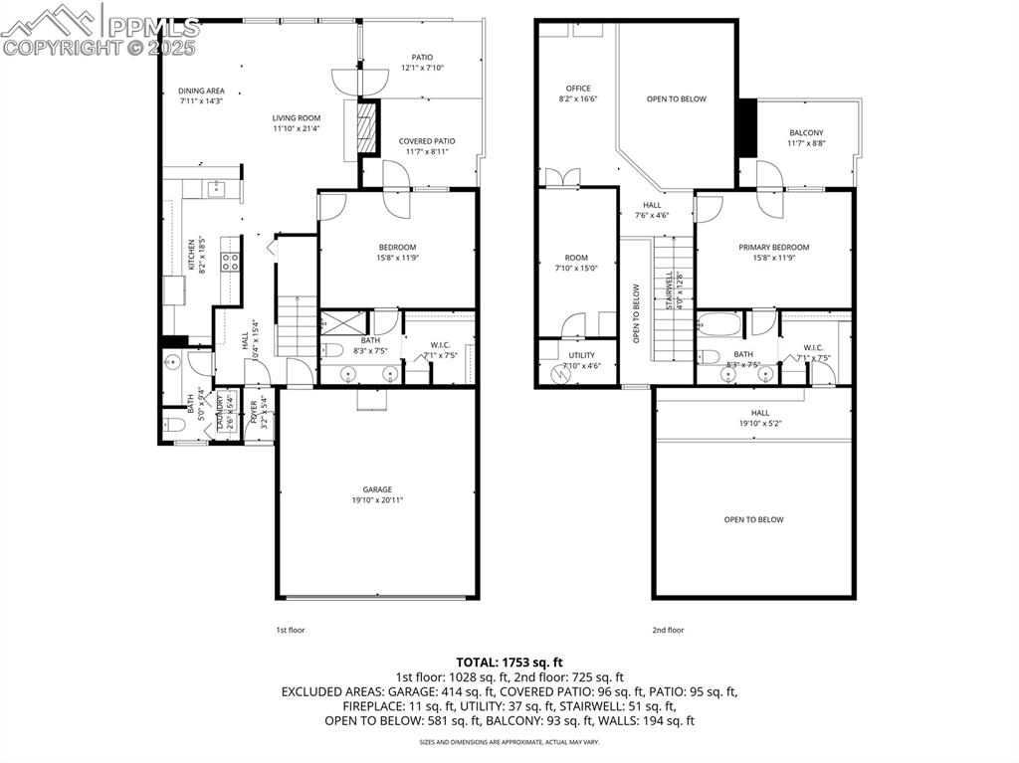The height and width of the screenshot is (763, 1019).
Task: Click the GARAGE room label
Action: pos(376,489)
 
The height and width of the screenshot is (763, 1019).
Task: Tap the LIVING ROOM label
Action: pos(297,117)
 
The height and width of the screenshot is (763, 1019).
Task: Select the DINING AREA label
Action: pos(201,92)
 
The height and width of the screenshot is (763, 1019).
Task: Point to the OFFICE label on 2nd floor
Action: pos(578,89)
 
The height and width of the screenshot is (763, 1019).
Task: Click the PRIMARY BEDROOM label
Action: pos(773,248)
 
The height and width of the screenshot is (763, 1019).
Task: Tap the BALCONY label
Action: pos(806,132)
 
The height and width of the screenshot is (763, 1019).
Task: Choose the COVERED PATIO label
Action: pos(427,141)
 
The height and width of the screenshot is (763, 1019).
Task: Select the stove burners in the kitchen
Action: pos(230,263)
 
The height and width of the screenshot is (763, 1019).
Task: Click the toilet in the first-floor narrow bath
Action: pos(173,425)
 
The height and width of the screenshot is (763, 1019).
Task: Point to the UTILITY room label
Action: pos(582,355)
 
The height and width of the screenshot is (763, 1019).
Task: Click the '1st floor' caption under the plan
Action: pos(290,630)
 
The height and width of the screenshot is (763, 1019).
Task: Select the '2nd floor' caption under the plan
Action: pos(668,630)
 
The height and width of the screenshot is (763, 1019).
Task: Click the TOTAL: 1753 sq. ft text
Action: pos(509,662)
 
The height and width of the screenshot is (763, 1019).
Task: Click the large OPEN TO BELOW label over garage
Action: pos(753,519)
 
